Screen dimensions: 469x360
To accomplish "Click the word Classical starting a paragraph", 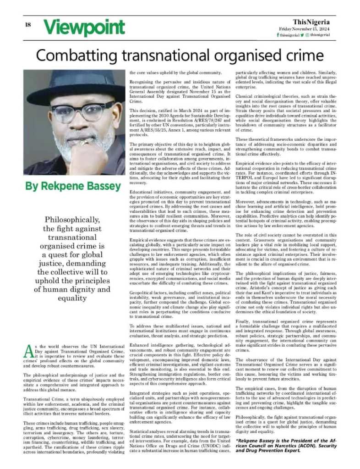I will tap(245, 95).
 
